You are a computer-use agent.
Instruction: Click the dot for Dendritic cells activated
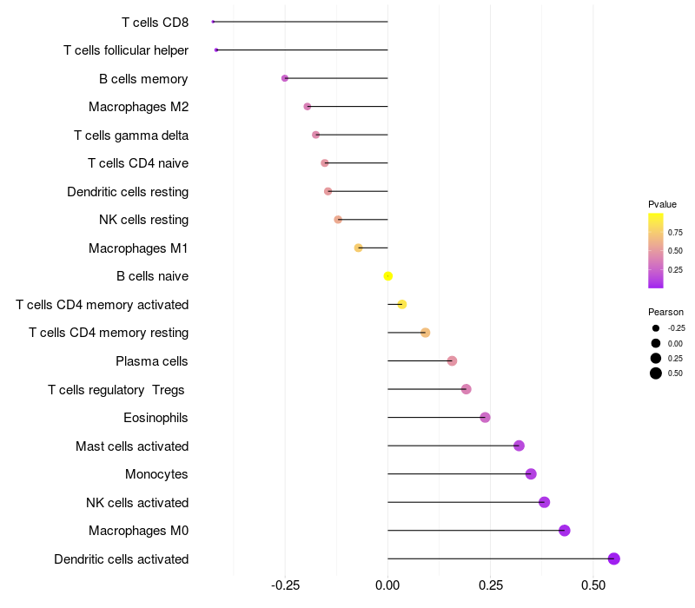(613, 558)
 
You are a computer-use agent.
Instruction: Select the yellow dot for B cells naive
(388, 276)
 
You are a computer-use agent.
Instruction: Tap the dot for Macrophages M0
(564, 531)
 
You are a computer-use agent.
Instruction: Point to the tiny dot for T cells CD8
(213, 22)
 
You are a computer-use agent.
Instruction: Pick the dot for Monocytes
(531, 474)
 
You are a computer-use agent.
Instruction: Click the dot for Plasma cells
(452, 360)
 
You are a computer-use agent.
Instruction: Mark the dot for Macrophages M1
(358, 248)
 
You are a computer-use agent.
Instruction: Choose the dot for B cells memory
(285, 78)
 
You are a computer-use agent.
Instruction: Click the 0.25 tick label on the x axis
(490, 586)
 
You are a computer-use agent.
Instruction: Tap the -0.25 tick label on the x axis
(285, 586)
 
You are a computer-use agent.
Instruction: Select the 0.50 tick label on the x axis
(592, 586)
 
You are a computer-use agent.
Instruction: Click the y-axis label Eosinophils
(156, 418)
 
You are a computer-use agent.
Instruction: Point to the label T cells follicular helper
(126, 50)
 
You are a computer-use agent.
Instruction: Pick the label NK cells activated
(137, 503)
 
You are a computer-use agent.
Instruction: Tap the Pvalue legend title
(662, 204)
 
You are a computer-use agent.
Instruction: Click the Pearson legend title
(665, 312)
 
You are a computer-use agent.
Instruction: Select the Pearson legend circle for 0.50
(655, 373)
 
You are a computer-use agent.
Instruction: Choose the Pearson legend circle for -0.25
(655, 328)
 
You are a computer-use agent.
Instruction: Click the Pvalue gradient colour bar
(656, 250)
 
